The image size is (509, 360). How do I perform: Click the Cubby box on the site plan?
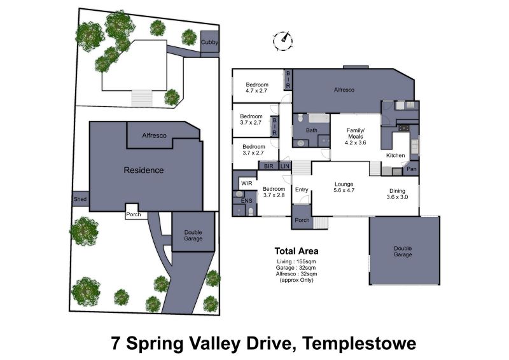(210, 41)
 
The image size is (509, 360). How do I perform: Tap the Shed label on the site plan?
(80, 199)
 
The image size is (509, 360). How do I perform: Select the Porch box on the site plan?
(134, 212)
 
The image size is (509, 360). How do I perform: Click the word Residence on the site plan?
(144, 170)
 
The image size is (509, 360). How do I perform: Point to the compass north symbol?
(283, 41)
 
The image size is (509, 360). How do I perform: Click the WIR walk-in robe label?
(247, 183)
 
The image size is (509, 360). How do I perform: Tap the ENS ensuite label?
(246, 200)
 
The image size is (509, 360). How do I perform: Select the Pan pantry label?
(411, 169)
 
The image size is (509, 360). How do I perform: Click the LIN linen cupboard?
(284, 166)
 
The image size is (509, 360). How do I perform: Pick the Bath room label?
(312, 130)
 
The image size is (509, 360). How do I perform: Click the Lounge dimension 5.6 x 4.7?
(344, 190)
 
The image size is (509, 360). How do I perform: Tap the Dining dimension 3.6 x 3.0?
(397, 197)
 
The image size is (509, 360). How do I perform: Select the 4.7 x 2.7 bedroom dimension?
(256, 91)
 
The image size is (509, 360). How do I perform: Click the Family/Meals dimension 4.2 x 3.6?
(356, 142)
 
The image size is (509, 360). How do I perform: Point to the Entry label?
(302, 190)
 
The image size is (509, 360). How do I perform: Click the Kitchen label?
(395, 155)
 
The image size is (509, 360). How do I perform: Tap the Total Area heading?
(296, 251)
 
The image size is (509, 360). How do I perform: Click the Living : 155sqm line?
(296, 261)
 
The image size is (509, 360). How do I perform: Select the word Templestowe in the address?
(359, 343)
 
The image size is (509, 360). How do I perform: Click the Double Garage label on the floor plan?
(403, 251)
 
